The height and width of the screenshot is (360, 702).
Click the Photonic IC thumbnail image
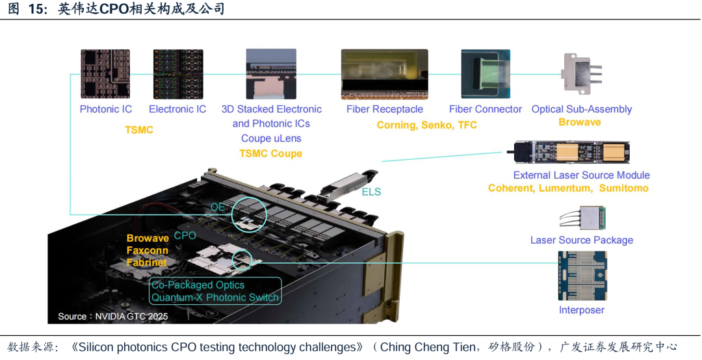[105, 74]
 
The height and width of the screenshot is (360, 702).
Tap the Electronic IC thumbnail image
[177, 74]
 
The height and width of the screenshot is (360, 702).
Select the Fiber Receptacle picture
[384, 74]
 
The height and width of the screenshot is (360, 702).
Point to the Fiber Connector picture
[486, 74]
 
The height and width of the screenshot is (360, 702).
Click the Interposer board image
[582, 276]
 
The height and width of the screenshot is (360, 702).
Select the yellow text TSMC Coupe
[270, 153]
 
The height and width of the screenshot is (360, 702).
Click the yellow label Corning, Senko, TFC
[427, 125]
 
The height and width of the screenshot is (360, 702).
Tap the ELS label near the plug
[371, 192]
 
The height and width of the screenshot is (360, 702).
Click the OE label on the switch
[218, 207]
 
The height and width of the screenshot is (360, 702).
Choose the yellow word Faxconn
[148, 250]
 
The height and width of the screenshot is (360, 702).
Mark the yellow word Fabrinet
[147, 263]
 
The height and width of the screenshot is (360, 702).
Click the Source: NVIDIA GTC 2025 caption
[113, 316]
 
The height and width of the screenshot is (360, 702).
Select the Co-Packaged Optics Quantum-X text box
[215, 291]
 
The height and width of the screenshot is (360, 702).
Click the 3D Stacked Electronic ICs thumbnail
[272, 74]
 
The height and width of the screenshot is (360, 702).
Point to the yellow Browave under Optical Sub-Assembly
[580, 122]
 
